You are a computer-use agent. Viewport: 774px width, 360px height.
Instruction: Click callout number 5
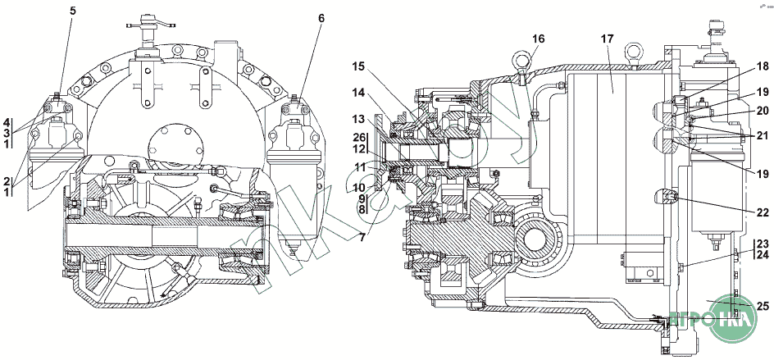73,11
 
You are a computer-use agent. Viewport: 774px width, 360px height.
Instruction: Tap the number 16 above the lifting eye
538,39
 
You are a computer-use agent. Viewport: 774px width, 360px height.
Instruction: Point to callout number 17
607,39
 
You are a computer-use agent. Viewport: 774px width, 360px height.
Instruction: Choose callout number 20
763,111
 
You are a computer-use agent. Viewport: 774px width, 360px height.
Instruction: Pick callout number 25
763,306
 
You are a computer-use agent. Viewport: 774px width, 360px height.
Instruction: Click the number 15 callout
358,66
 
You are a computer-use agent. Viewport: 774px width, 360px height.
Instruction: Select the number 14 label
358,93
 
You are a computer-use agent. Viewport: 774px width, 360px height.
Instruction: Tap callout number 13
358,120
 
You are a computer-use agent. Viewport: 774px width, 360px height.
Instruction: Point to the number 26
358,136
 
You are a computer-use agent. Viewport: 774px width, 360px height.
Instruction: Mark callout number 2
7,180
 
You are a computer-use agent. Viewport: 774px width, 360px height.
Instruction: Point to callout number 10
358,187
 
